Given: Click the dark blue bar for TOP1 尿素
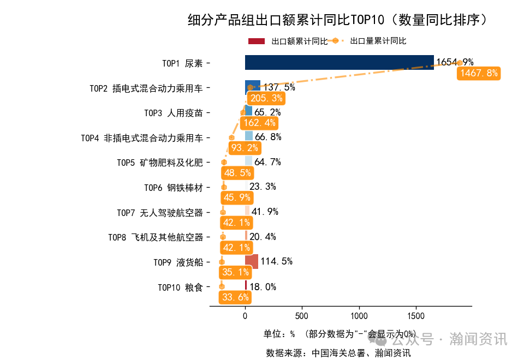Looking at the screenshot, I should pos(339,63).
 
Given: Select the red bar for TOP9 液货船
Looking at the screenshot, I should pos(252,262).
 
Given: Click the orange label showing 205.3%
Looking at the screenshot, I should pos(266,98).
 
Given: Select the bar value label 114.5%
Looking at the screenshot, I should pos(276,261).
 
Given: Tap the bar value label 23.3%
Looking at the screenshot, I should pos(263,187).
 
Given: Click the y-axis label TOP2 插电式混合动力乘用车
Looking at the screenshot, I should pos(146,88).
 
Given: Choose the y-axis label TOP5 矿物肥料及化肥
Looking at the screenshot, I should pos(160,163).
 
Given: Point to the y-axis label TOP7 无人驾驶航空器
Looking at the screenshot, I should pos(160,212).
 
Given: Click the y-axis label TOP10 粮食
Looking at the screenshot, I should pos(180,287).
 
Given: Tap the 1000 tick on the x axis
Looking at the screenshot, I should pos(359,316).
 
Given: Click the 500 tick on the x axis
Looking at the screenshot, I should pos(302,316).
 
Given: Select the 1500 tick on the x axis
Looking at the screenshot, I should pos(416,316).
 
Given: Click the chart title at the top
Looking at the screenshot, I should pos(337,20).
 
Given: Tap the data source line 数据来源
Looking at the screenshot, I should pos(338,352).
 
